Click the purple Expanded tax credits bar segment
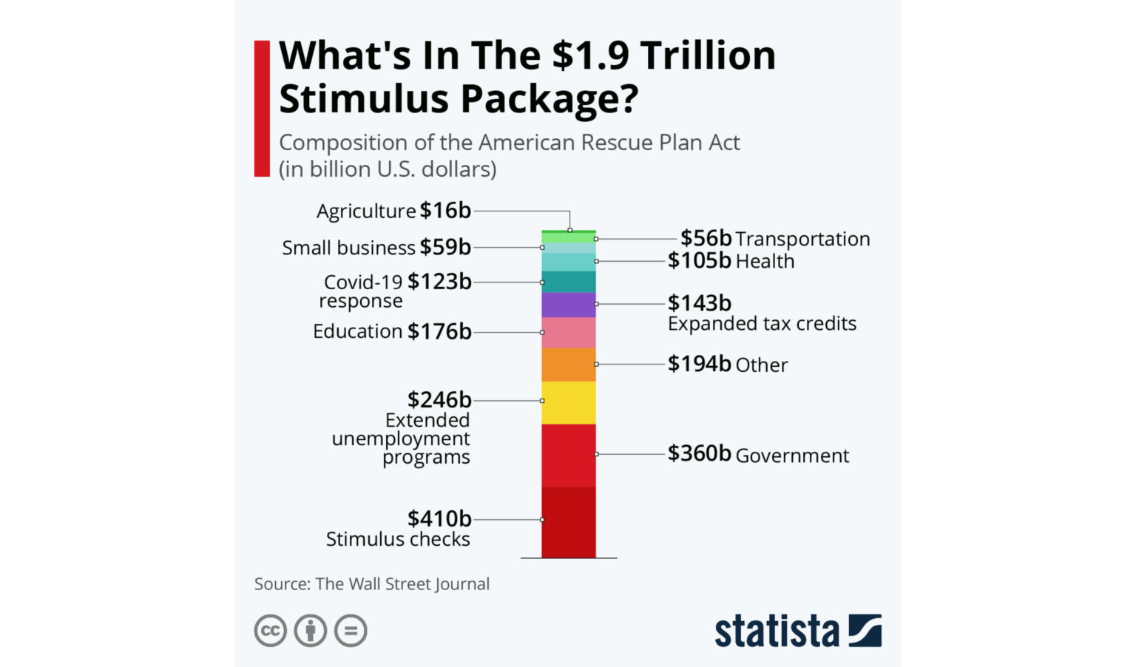tap(568, 305)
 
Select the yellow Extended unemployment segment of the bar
tap(568, 402)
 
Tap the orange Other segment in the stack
tap(568, 365)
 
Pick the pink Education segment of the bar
tap(568, 332)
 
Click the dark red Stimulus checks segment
tap(568, 521)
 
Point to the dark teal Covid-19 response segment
tap(568, 282)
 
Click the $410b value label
tap(439, 519)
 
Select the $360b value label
tap(699, 453)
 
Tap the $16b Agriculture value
tap(445, 211)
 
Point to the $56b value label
tap(706, 238)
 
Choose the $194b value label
tap(699, 364)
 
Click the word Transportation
tap(802, 240)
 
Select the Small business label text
tap(348, 248)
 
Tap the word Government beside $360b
tap(792, 456)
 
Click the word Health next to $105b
tap(765, 261)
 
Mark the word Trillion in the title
tap(708, 55)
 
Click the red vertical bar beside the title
tap(262, 109)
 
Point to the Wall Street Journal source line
tap(372, 584)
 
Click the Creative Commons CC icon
tap(271, 631)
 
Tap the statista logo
tap(797, 632)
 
